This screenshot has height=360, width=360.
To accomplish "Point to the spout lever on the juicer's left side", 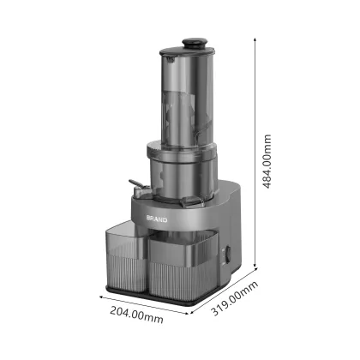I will [x=133, y=185].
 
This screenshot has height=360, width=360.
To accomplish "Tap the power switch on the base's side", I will [x=227, y=256].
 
